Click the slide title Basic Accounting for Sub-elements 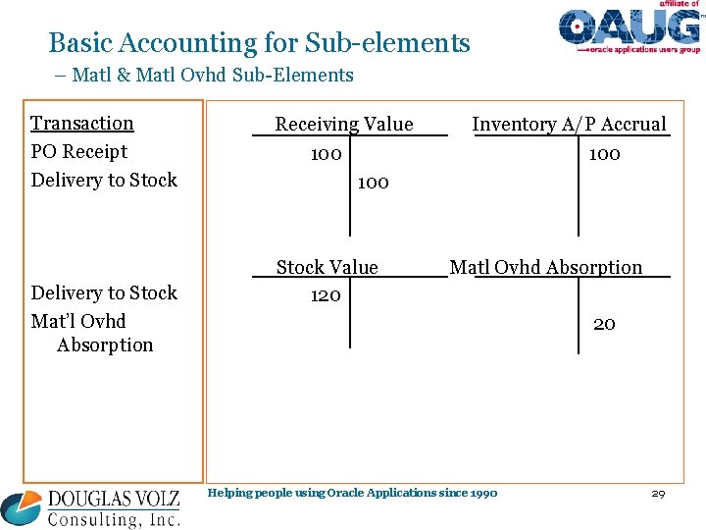point(259,43)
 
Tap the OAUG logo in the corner point(629,28)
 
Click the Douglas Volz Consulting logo point(91,507)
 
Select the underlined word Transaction point(82,124)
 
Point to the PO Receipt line point(79,152)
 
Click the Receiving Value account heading point(344,124)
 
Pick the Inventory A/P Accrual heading point(569,124)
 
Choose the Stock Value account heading point(327,267)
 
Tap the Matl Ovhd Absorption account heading point(546,267)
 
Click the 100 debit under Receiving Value point(326,155)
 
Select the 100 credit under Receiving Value point(373,183)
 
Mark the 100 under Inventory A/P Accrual point(604,155)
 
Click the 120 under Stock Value point(326,295)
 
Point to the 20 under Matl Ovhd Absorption point(604,324)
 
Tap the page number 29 point(658,493)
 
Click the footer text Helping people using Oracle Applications point(353,493)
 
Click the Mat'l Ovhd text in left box point(78,322)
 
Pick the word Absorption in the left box point(105,345)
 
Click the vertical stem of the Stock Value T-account point(350,314)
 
